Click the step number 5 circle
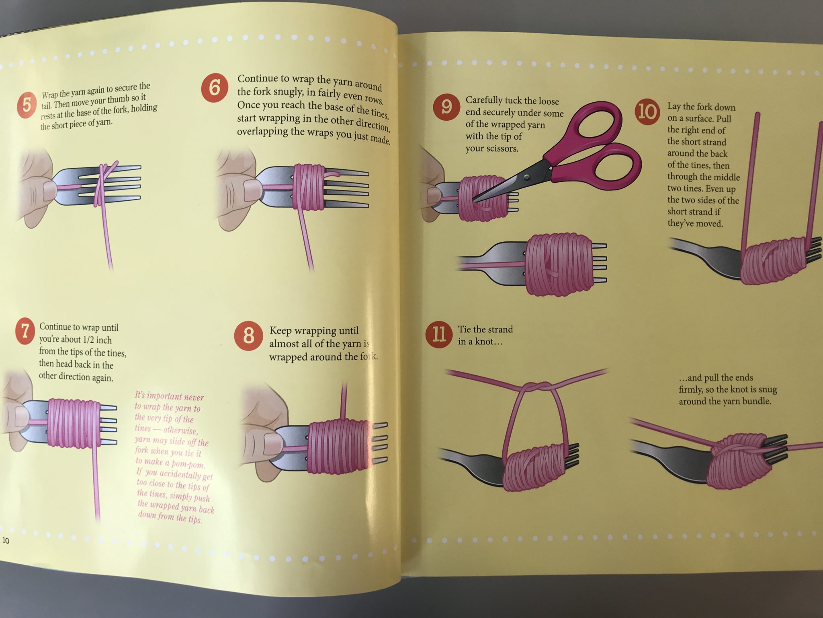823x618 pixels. (x=27, y=105)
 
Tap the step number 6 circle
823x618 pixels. (x=215, y=87)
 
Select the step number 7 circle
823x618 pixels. (x=25, y=331)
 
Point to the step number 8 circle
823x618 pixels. (x=248, y=335)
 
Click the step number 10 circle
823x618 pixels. (x=647, y=111)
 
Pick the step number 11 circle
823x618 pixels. (x=438, y=334)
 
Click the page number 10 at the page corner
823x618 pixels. (x=6, y=540)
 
